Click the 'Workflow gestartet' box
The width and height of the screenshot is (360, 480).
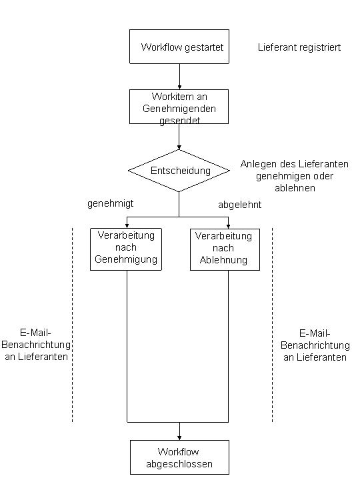179,47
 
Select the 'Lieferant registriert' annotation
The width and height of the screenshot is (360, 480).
299,48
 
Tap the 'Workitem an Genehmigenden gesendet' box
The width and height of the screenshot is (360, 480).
179,107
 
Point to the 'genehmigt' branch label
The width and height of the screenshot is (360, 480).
110,204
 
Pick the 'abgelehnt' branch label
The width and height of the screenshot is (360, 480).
239,205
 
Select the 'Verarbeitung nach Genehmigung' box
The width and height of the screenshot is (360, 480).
127,249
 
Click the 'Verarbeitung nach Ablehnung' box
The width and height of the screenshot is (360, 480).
224,249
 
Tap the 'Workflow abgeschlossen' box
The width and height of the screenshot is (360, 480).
179,457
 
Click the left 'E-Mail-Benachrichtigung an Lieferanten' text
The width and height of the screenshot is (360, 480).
36,345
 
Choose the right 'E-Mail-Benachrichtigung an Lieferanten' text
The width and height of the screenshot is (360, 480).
315,345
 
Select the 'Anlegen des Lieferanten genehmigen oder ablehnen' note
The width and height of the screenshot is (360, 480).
294,176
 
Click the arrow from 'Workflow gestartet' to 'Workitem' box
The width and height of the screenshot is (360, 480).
179,77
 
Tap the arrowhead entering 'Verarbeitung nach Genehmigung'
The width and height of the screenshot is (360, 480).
127,226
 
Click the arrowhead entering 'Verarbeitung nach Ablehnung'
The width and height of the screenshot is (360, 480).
228,226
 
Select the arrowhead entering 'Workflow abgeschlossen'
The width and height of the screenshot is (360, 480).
179,437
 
